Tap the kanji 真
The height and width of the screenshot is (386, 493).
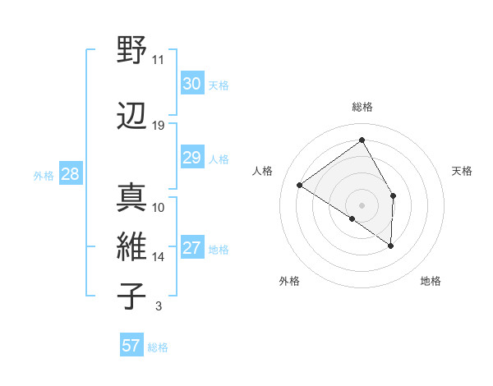(131, 198)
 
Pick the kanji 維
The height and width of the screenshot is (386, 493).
(131, 246)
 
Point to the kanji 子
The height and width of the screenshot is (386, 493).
(131, 296)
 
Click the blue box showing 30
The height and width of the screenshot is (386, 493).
(191, 84)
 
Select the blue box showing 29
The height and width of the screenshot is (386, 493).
(191, 158)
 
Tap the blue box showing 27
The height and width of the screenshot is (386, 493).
(191, 248)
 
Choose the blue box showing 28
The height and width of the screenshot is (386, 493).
(70, 174)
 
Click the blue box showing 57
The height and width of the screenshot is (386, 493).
(131, 346)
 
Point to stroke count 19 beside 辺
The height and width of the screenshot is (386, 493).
(158, 126)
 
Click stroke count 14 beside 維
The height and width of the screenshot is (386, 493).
(158, 257)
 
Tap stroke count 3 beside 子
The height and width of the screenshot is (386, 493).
(158, 307)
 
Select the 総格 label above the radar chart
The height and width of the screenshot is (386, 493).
(362, 107)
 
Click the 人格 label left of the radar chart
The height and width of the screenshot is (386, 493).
(263, 171)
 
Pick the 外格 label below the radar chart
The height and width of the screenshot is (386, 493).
(289, 282)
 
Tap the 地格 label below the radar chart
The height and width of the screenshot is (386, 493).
(431, 282)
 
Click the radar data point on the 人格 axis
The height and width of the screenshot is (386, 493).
(300, 185)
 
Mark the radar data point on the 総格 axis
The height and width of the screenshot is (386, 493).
(362, 140)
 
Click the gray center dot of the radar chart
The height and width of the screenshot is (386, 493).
(362, 204)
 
